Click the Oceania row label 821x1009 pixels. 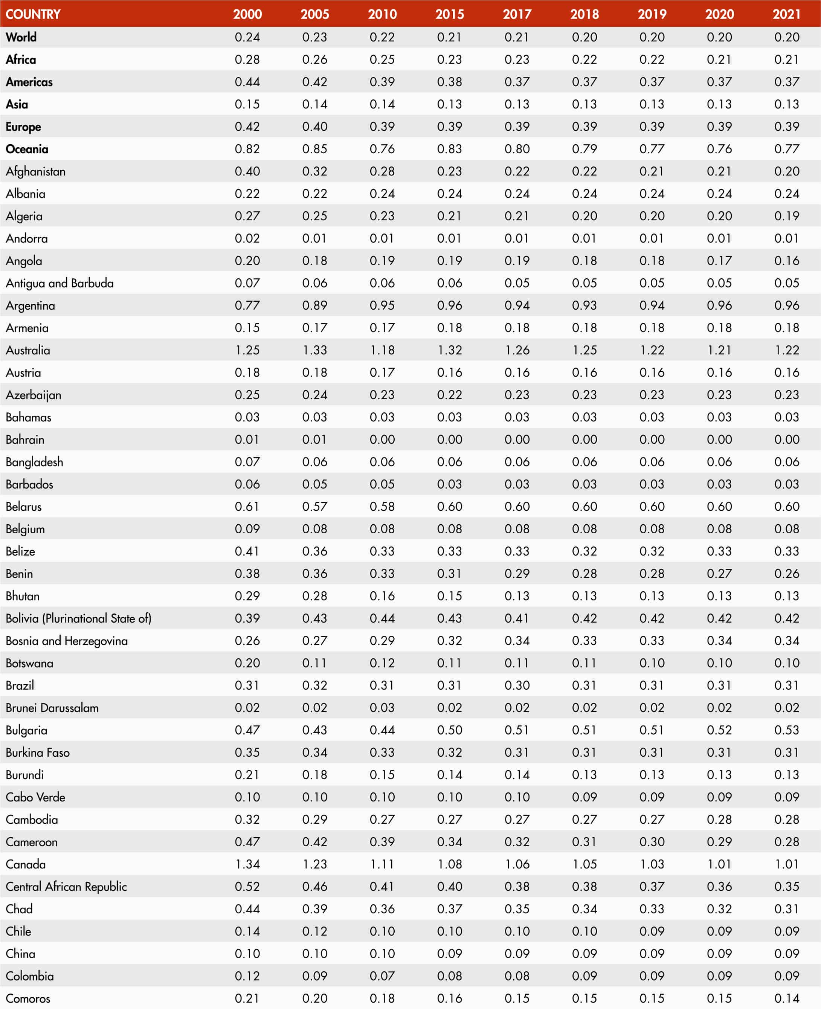[x=27, y=149]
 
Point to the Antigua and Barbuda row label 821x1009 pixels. [x=60, y=283]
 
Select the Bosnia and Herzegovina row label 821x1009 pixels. [x=67, y=641]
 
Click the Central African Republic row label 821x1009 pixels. [x=66, y=887]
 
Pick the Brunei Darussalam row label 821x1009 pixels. [x=52, y=708]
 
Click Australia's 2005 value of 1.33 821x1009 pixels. [x=314, y=350]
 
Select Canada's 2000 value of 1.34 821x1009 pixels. [x=247, y=864]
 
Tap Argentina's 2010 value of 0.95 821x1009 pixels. [x=382, y=305]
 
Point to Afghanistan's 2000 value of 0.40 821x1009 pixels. [x=247, y=171]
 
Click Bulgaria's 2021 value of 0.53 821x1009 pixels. [x=786, y=730]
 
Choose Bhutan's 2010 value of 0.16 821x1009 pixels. [x=382, y=596]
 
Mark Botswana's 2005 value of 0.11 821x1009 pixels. [x=314, y=663]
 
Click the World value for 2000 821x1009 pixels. [x=247, y=37]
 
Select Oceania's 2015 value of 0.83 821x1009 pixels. [x=449, y=149]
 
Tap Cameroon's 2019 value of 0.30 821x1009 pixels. [x=652, y=841]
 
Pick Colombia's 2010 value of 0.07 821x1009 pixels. [x=382, y=976]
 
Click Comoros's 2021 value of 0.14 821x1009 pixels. [x=786, y=998]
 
